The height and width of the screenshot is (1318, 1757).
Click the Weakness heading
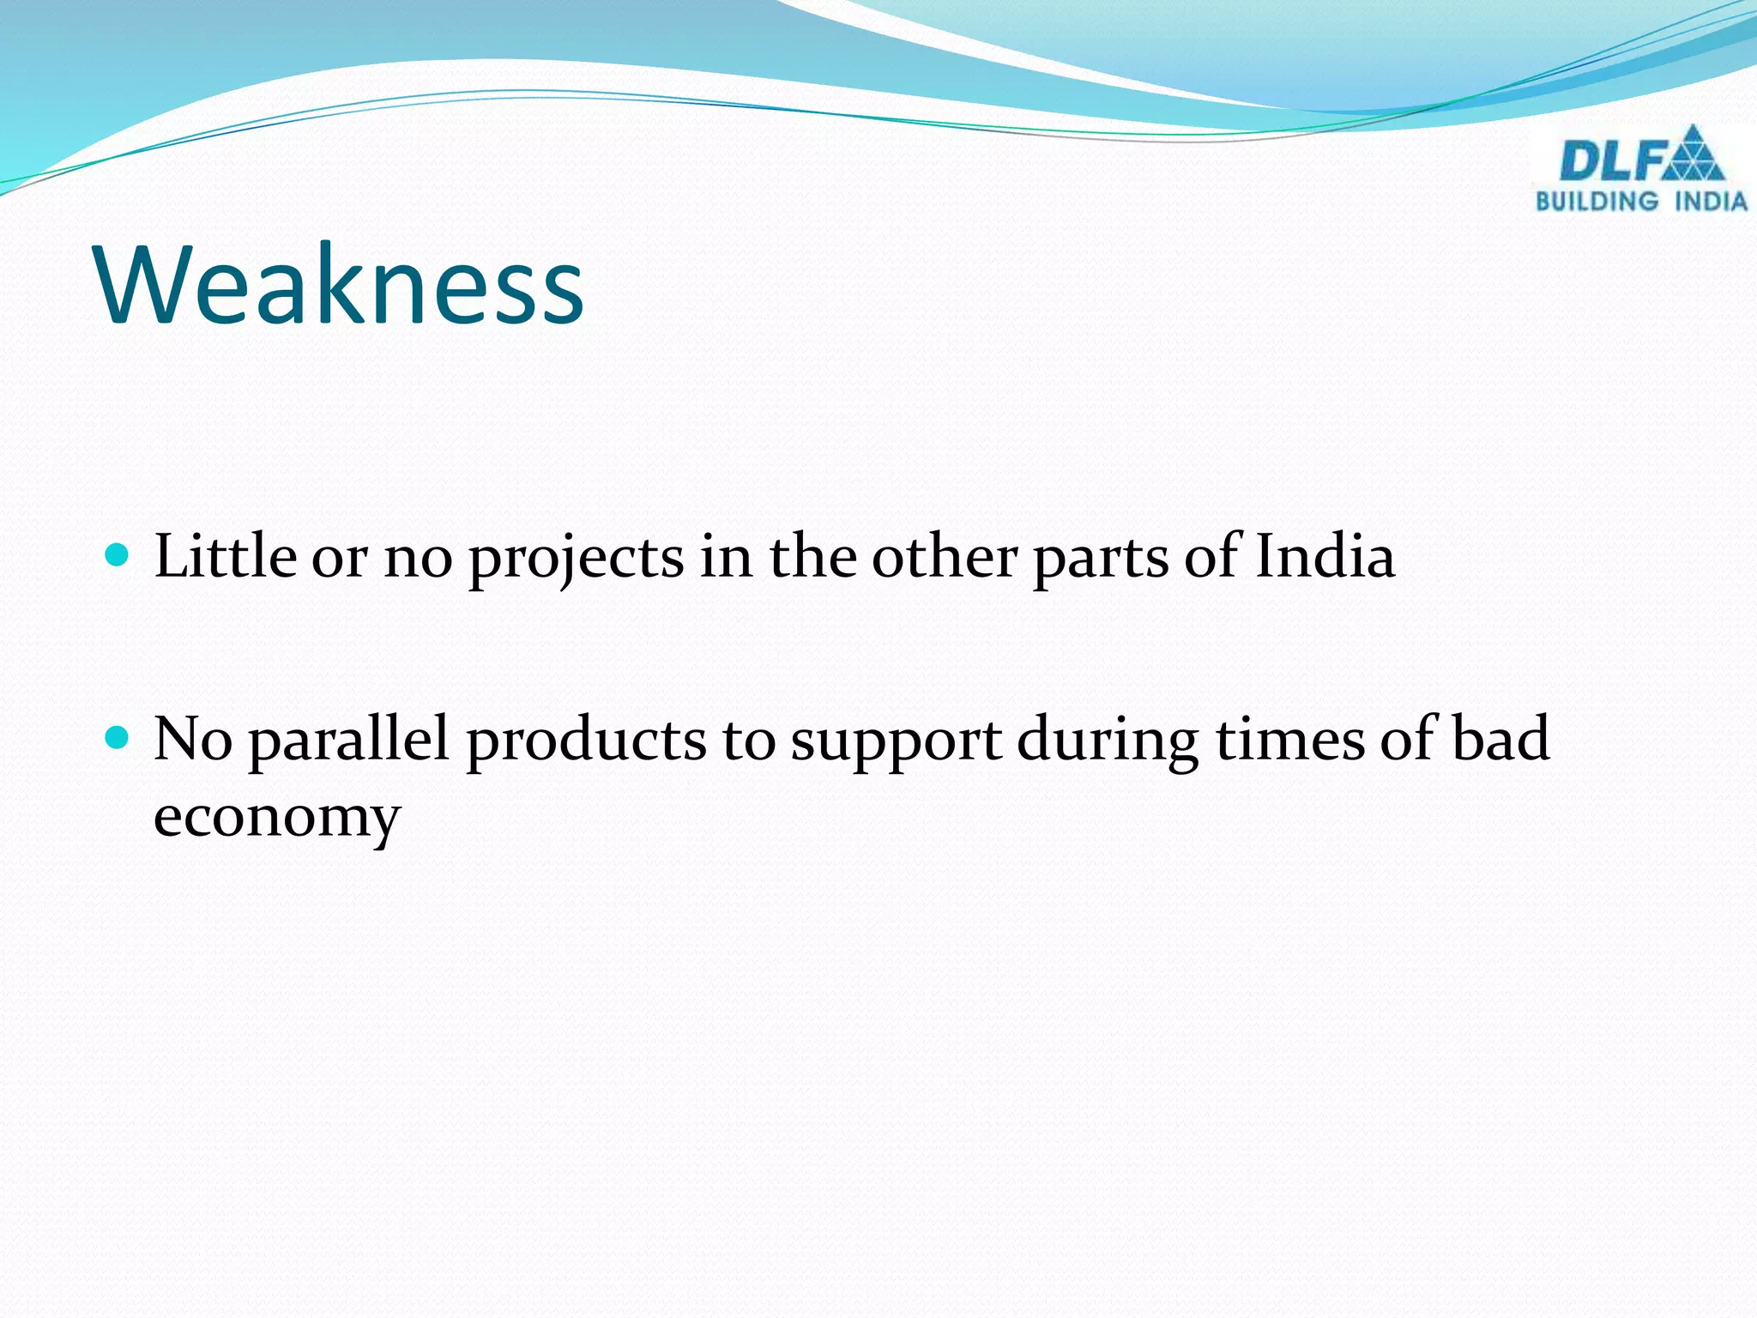point(341,285)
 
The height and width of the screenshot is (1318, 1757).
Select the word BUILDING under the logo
point(1597,202)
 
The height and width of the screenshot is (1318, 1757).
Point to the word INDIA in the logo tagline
point(1712,202)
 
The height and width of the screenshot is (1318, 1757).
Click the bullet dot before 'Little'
point(116,554)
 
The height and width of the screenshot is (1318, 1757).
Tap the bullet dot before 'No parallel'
point(116,736)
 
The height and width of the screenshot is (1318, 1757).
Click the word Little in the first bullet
point(225,556)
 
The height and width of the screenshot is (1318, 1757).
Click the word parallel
point(348,740)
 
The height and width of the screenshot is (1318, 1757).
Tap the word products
point(586,740)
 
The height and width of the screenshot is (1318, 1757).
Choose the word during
point(1108,740)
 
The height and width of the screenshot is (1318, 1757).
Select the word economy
point(276,818)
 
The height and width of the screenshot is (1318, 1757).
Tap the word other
point(944,556)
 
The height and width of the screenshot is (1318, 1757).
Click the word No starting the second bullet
point(193,738)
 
